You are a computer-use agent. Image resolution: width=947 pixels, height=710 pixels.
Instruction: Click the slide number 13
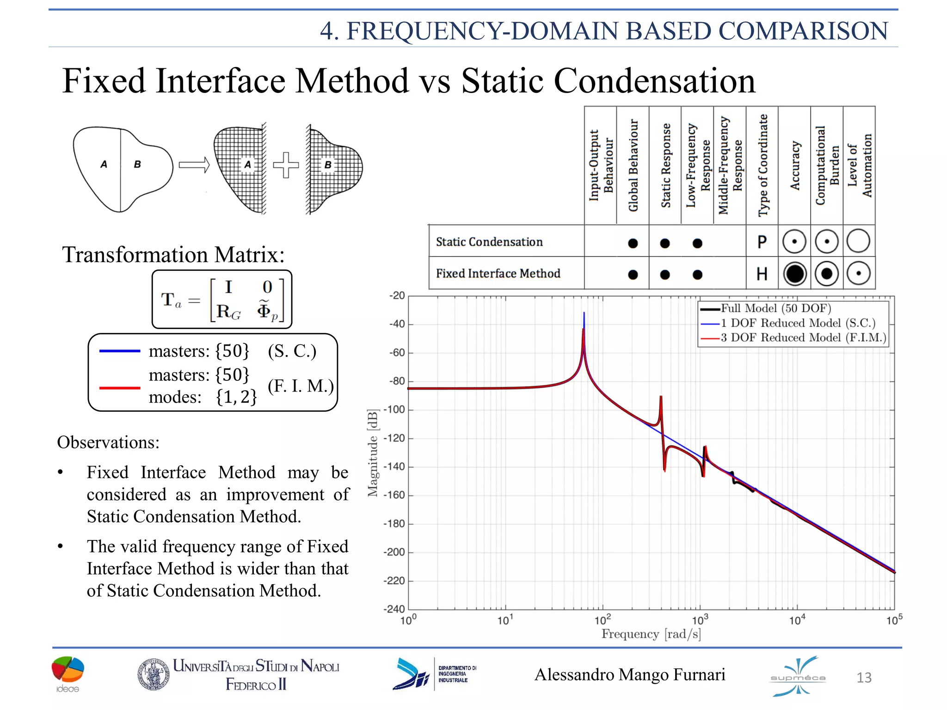pyautogui.click(x=864, y=678)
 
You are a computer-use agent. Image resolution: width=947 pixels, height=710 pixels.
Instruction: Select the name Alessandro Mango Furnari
pyautogui.click(x=630, y=675)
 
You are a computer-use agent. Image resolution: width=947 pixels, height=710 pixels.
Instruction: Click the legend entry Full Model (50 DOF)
pyautogui.click(x=775, y=308)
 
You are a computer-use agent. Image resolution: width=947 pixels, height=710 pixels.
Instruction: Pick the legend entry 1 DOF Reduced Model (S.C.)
pyautogui.click(x=798, y=323)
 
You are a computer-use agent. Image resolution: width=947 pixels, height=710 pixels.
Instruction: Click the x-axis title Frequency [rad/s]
pyautogui.click(x=651, y=634)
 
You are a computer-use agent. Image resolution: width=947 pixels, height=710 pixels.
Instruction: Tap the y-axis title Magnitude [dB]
pyautogui.click(x=373, y=453)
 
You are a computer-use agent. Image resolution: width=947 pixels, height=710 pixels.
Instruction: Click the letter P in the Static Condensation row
pyautogui.click(x=762, y=242)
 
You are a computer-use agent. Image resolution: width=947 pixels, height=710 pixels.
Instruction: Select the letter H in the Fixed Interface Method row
pyautogui.click(x=762, y=274)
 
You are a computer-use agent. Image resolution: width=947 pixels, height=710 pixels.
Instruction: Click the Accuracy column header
pyautogui.click(x=794, y=165)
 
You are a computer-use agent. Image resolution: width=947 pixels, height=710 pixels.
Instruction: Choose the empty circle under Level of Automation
pyautogui.click(x=859, y=241)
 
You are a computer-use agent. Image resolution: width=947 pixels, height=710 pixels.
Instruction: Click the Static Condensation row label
pyautogui.click(x=489, y=242)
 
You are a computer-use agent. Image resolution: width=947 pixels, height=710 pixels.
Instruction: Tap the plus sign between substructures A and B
pyautogui.click(x=286, y=165)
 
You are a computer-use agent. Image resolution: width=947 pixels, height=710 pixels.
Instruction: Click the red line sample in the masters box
pyautogui.click(x=120, y=388)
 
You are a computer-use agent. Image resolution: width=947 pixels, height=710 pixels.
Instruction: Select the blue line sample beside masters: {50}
pyautogui.click(x=120, y=351)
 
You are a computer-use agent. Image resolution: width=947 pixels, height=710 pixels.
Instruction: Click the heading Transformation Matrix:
pyautogui.click(x=173, y=255)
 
